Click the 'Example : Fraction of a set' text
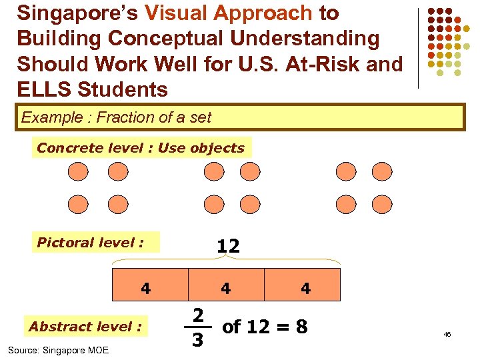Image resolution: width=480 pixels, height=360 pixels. pos(116,118)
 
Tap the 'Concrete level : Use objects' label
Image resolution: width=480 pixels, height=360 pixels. pos(141,148)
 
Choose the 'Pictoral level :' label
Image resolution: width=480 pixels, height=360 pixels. pos(90,242)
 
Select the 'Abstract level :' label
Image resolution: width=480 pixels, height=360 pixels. pos(85,327)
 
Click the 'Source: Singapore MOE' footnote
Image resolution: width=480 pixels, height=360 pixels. pos(58,350)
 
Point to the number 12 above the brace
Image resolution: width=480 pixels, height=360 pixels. pos(227,246)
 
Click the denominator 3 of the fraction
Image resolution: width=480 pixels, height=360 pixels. pos(197,340)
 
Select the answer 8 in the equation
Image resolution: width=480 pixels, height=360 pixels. pos(301,327)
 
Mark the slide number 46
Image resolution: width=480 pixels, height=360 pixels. pos(447,334)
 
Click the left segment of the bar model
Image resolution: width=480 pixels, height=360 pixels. pos(150,285)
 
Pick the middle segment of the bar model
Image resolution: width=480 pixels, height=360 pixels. pos(226,285)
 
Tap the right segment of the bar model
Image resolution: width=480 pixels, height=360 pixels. pos(303,285)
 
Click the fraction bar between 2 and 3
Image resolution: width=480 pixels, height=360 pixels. pos(197,327)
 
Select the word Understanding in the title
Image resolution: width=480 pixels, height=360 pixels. pos(303,38)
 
